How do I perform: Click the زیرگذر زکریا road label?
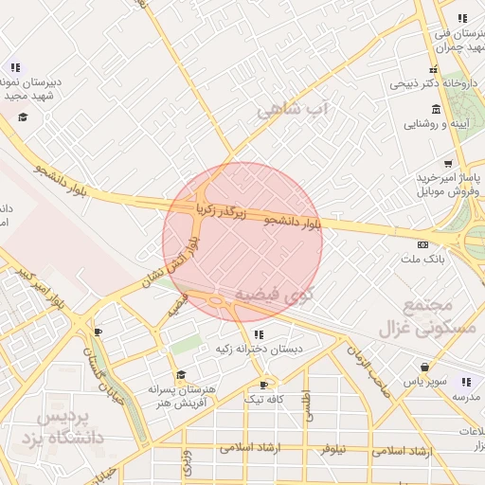click(220, 205)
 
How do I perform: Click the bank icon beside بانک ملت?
click(422, 244)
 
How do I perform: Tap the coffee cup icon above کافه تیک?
click(264, 385)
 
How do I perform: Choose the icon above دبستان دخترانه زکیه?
click(258, 334)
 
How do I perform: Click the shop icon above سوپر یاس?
click(425, 368)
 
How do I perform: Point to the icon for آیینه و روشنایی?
click(434, 108)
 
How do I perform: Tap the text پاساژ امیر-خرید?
click(450, 178)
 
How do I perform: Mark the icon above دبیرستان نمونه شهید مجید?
click(14, 67)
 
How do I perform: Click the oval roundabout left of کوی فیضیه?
click(221, 302)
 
